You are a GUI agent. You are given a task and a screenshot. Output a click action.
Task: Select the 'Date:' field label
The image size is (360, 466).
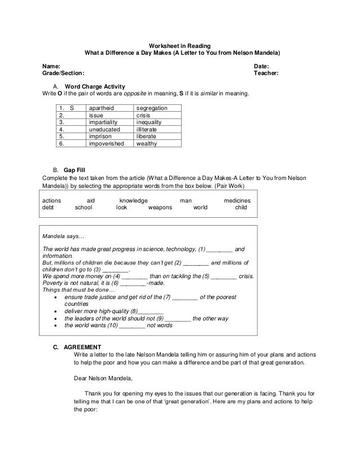263,66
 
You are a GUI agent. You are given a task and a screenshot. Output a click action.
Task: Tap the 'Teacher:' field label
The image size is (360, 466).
267,73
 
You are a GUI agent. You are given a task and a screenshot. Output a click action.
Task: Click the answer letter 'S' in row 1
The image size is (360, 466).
71,107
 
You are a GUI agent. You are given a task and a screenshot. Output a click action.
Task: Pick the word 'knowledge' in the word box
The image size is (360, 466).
134,200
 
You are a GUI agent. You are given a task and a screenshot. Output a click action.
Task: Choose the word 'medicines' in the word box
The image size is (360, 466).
238,200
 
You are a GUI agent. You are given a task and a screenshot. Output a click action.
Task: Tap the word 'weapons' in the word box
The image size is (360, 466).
160,208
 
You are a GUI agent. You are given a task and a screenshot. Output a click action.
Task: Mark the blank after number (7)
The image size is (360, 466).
185,297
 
